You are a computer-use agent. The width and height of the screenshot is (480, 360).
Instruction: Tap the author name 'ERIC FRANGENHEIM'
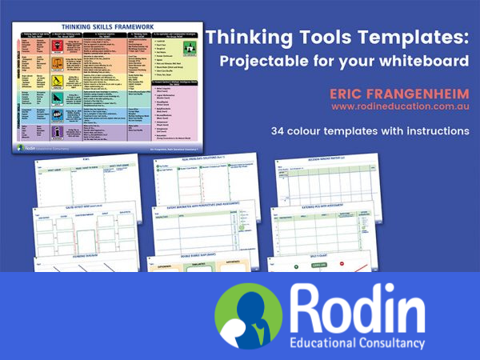(x=399, y=94)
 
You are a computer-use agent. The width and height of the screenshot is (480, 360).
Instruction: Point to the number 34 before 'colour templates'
(x=278, y=130)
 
